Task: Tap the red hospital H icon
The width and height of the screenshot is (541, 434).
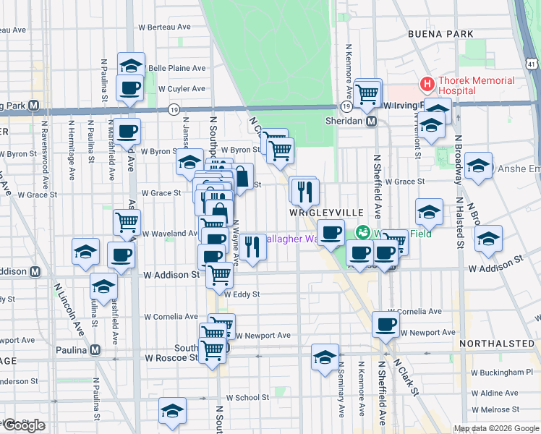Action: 427,85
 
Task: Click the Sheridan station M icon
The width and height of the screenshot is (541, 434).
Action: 371,122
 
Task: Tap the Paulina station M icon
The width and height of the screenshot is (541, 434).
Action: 95,350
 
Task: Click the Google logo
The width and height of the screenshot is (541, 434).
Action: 25,425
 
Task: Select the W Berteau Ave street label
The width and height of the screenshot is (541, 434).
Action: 163,27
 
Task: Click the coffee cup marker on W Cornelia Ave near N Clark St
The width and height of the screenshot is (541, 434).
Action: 386,324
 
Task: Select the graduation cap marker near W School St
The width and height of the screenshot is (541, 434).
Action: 173,410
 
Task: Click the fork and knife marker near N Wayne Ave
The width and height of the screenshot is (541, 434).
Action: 253,247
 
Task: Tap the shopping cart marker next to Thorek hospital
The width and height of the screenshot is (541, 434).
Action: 368,92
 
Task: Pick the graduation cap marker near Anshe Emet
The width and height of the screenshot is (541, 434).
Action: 478,166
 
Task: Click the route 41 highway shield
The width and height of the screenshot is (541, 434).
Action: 532,65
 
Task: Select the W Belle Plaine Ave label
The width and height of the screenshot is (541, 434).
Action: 177,69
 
